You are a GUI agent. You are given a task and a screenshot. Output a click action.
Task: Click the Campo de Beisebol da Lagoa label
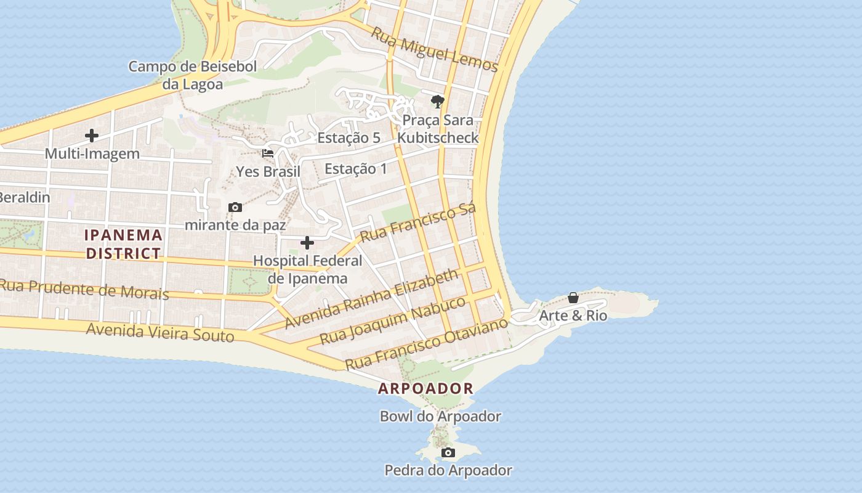[192, 75]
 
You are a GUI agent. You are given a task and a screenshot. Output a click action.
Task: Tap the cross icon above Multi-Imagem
[92, 136]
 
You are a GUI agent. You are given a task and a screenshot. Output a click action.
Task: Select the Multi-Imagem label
[92, 153]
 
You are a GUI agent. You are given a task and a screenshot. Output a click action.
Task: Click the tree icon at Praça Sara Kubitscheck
[437, 102]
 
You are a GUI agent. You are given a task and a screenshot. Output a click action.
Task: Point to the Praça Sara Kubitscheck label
[437, 128]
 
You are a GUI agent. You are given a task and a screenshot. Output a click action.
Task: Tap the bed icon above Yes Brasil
[268, 153]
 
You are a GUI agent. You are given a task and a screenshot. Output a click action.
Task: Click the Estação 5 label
[348, 137]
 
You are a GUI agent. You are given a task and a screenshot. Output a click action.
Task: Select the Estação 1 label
[355, 168]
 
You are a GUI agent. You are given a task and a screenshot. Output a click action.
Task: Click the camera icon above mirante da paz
[235, 208]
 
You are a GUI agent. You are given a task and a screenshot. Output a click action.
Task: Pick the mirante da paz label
[235, 225]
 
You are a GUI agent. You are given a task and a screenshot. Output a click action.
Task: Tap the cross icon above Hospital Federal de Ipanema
[307, 243]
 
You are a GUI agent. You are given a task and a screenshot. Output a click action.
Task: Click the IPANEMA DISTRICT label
[123, 244]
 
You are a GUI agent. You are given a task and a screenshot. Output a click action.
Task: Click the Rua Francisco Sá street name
[418, 223]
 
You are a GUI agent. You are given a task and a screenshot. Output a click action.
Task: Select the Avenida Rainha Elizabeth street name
[372, 298]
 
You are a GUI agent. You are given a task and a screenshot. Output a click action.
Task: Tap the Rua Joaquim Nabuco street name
[393, 321]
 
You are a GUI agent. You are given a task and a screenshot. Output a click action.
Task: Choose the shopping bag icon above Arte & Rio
[573, 298]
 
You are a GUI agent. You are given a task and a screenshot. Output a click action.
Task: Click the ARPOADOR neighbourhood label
[425, 389]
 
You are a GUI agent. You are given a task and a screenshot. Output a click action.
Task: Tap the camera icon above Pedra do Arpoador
[448, 453]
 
